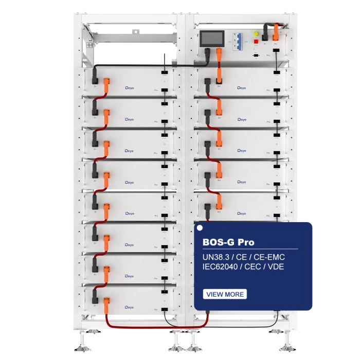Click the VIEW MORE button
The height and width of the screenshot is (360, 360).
[225, 294]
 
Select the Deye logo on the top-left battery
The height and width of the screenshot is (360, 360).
[130, 88]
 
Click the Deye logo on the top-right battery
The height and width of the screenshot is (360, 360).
[242, 88]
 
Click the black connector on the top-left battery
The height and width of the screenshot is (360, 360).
[95, 77]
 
